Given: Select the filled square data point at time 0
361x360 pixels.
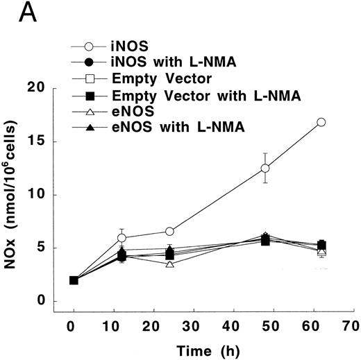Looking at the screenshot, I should coord(74,280).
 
